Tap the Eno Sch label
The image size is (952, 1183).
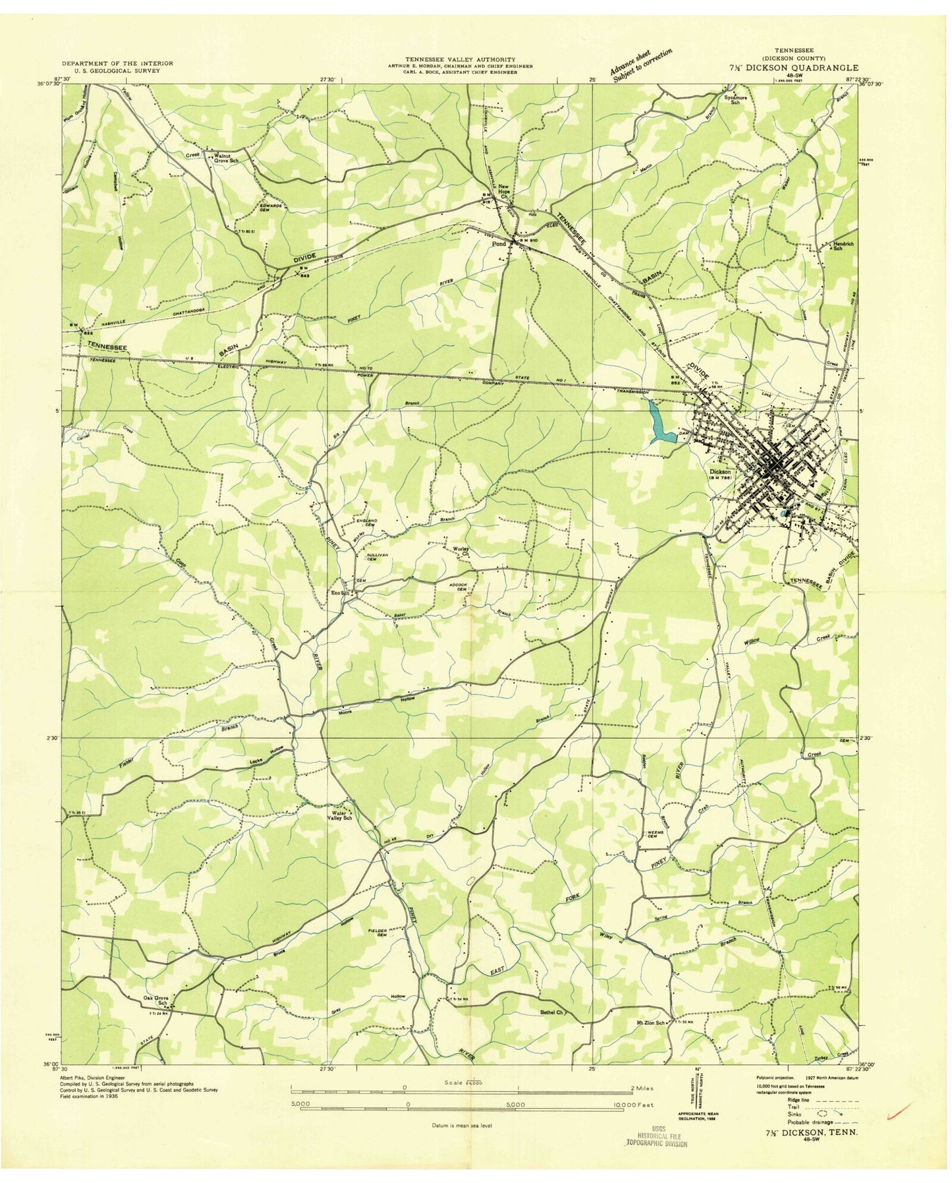coord(339,592)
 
